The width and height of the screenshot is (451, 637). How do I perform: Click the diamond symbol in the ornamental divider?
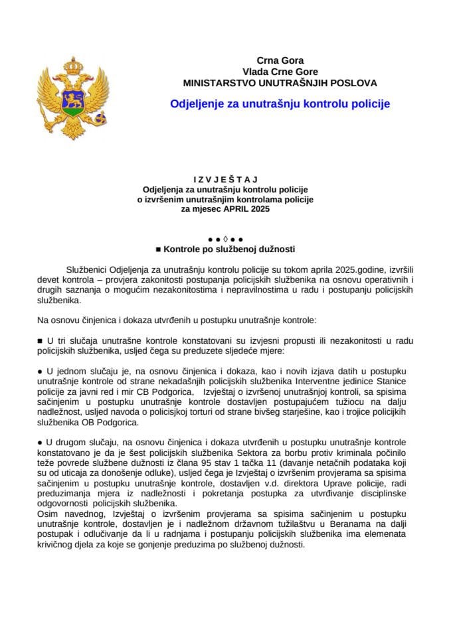tap(225, 238)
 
